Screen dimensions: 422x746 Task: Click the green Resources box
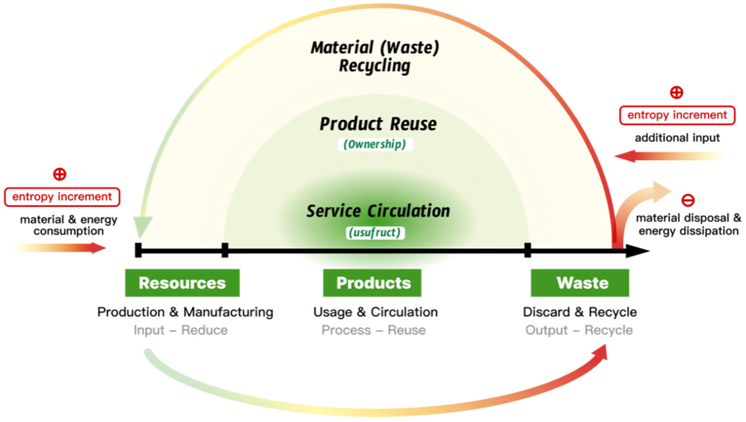[182, 283]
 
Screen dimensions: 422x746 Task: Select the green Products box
[372, 283]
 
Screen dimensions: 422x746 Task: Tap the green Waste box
[580, 283]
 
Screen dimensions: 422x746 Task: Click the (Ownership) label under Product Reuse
[375, 144]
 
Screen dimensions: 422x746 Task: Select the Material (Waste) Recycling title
[375, 56]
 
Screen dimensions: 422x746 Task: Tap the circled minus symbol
[688, 200]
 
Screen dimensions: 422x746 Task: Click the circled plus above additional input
[676, 93]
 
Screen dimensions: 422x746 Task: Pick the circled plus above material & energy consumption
[60, 174]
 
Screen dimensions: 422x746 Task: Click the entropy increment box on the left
[62, 197]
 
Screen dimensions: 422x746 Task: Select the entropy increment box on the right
[677, 115]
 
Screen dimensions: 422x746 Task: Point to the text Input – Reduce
[181, 330]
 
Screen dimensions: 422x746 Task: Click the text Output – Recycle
[579, 330]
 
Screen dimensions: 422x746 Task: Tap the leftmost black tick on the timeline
[138, 250]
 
